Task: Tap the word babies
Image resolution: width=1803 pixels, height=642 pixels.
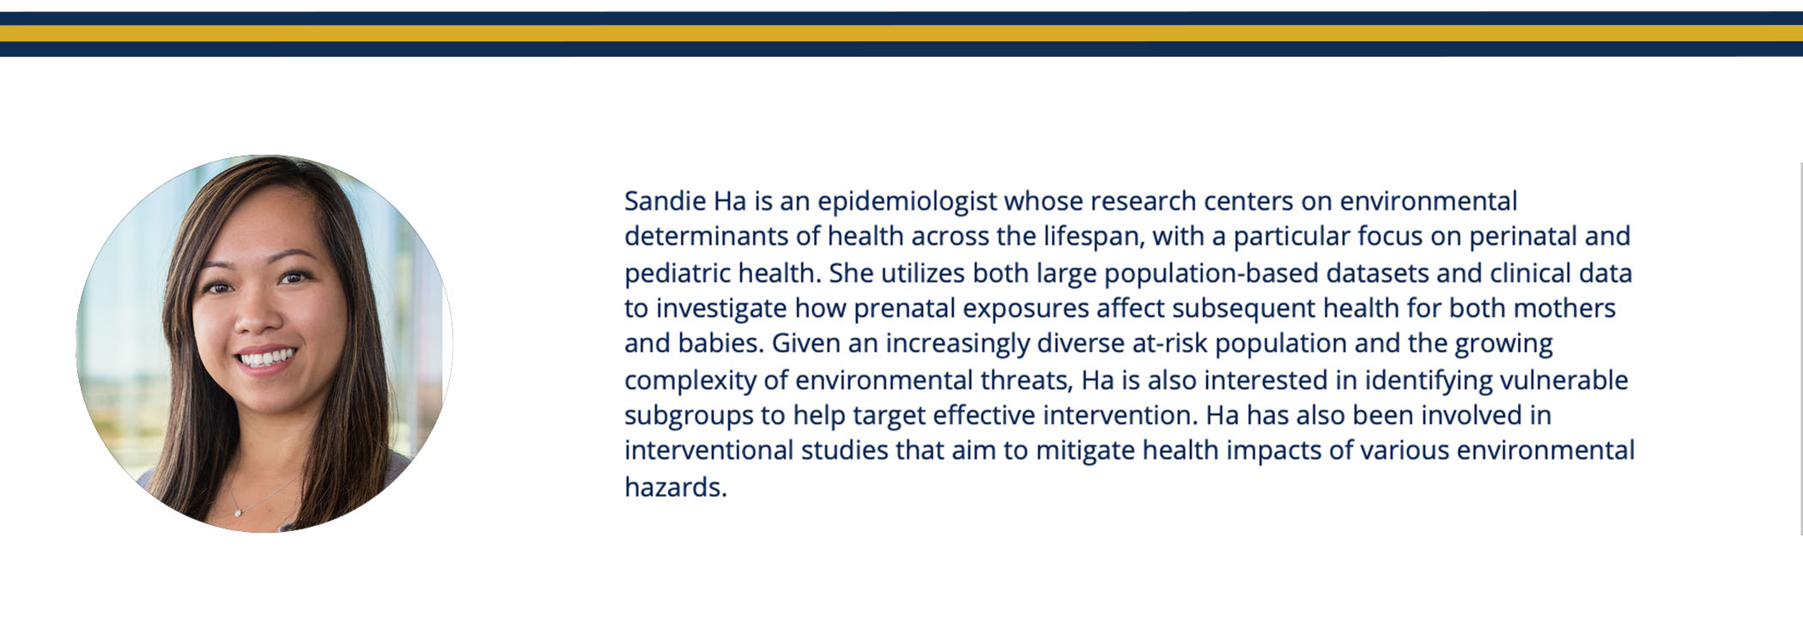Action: (721, 344)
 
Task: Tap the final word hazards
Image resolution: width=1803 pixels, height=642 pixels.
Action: (676, 487)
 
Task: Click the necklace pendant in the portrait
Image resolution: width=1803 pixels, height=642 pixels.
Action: (238, 512)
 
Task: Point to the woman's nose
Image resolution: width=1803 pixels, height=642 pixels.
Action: (257, 314)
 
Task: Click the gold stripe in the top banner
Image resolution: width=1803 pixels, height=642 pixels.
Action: (901, 34)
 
